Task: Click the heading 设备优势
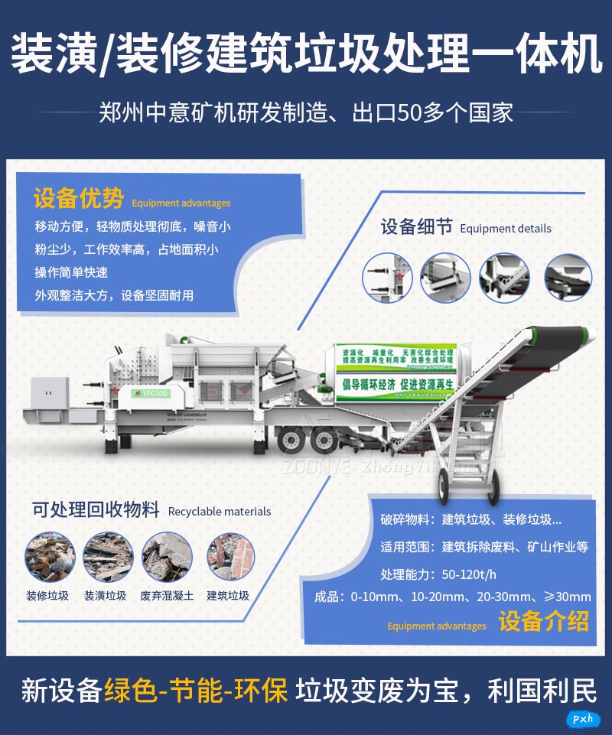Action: pos(78,200)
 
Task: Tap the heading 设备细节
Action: pos(417,226)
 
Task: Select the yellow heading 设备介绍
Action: pos(544,621)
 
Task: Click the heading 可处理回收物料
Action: pos(96,509)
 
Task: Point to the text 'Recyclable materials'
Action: pos(220,512)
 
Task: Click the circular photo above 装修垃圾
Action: pos(49,557)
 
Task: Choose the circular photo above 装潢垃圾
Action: pos(108,557)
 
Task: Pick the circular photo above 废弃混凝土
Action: pos(168,557)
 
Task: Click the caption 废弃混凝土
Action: pos(166,596)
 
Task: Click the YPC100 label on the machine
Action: pos(155,392)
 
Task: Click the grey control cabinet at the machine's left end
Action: pos(50,395)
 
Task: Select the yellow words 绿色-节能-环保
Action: pos(196,691)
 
